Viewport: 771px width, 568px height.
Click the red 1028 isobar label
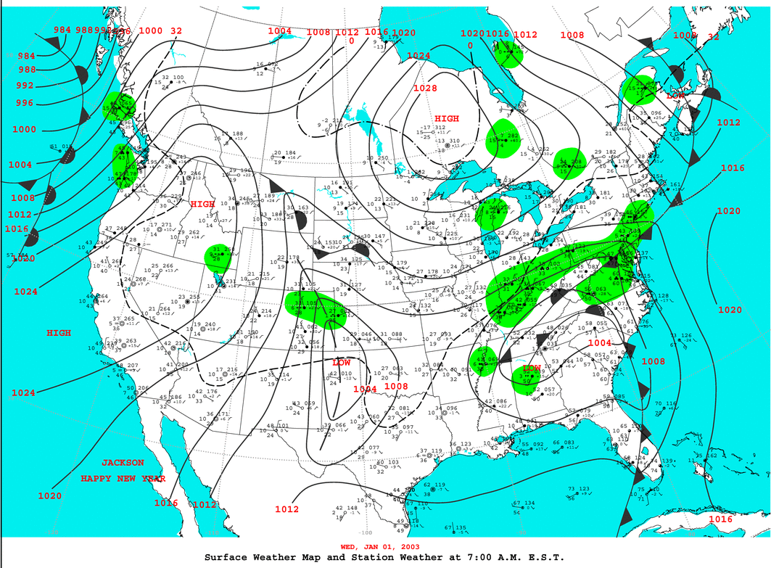coord(426,89)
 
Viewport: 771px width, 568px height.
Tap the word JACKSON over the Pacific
coord(123,463)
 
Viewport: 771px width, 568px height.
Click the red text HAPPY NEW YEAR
coord(123,479)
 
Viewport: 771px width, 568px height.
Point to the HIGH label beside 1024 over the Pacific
coord(59,333)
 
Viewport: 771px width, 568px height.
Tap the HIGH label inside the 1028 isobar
coord(447,118)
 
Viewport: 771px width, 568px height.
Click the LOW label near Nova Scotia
coord(675,95)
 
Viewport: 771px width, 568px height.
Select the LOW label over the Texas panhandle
coord(342,362)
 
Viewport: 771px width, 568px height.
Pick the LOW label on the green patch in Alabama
coord(532,369)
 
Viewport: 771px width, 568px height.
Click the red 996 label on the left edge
coord(25,103)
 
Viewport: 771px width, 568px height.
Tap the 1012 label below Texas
coord(287,509)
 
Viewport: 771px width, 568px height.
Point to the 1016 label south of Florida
coord(720,519)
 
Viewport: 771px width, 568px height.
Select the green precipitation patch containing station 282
coord(505,140)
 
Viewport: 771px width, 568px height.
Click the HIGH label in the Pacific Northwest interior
coord(202,205)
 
